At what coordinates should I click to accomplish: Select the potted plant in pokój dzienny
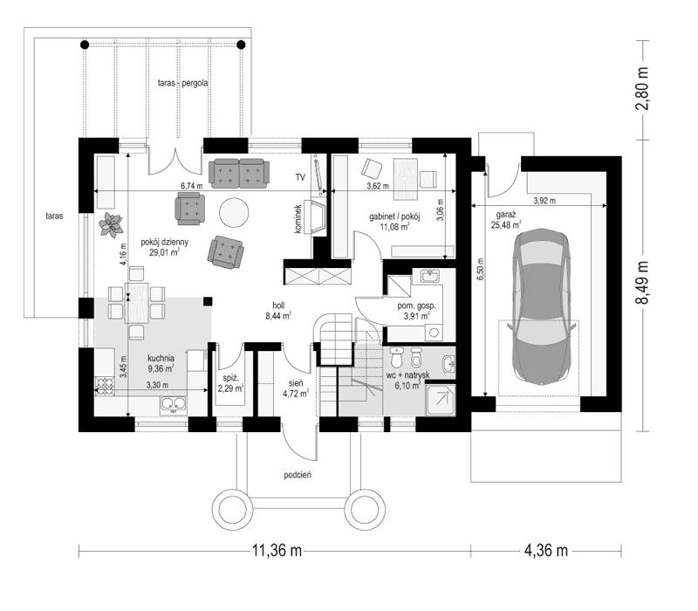(111, 225)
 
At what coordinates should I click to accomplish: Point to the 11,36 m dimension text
(277, 550)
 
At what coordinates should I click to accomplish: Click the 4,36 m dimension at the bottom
(544, 550)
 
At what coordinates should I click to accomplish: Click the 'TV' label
(299, 177)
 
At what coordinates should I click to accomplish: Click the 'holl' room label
(279, 306)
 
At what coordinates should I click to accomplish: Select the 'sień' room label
(291, 382)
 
